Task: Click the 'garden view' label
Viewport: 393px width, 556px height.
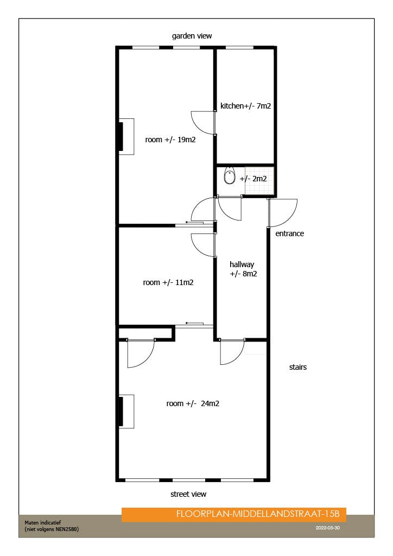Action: click(x=192, y=36)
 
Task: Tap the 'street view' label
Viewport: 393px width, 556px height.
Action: click(x=188, y=494)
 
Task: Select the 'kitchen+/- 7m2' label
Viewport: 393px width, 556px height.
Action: click(x=245, y=106)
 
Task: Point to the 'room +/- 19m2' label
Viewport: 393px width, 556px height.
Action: click(x=170, y=140)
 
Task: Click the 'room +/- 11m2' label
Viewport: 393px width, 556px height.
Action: click(x=168, y=282)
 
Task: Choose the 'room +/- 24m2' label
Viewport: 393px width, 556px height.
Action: click(x=192, y=403)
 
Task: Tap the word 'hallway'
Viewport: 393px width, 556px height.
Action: click(x=242, y=264)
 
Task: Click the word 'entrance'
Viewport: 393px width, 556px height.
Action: click(x=289, y=233)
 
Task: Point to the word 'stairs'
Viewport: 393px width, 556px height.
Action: click(x=297, y=367)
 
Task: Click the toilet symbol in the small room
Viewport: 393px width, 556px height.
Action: click(x=230, y=177)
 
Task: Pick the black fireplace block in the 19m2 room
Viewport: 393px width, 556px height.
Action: click(x=121, y=136)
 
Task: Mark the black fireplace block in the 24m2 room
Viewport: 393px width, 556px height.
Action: click(x=121, y=411)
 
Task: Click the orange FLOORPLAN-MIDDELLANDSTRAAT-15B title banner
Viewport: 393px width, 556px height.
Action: click(x=234, y=514)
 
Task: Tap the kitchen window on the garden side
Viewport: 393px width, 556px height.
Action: click(x=235, y=48)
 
